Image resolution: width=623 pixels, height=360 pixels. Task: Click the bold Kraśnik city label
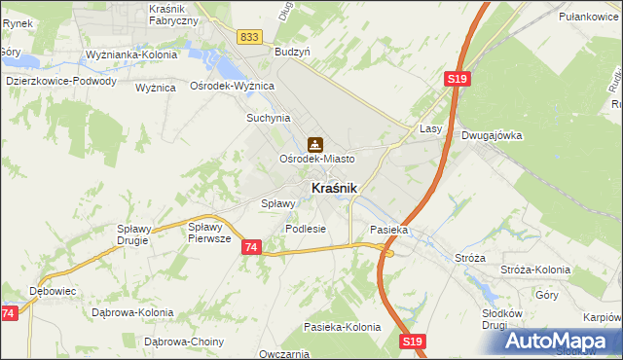(333, 188)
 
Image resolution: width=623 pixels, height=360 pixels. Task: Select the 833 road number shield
(248, 36)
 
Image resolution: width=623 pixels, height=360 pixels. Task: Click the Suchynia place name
(269, 118)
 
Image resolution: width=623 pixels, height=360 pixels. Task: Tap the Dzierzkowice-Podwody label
(60, 81)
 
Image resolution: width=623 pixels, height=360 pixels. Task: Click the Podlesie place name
(305, 229)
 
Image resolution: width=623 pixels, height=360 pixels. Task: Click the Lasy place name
(431, 128)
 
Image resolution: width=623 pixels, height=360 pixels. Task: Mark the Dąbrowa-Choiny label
(184, 342)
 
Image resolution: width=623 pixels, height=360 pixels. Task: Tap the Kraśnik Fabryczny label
(174, 14)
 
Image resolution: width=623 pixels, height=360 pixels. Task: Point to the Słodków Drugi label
(502, 319)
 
